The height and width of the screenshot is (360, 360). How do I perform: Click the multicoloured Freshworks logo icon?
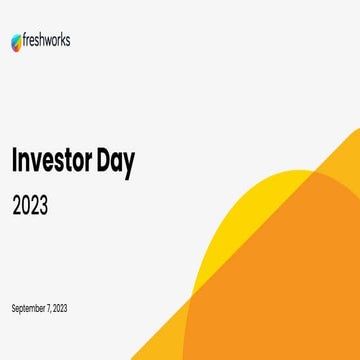click(16, 42)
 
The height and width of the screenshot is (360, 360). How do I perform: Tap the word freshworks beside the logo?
click(46, 41)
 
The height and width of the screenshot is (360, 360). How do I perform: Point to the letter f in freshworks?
click(25, 41)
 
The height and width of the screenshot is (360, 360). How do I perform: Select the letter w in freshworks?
click(48, 42)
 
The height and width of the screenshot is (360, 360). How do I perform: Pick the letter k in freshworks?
click(63, 41)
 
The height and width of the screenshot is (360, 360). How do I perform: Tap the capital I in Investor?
click(15, 162)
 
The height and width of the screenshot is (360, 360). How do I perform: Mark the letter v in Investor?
click(41, 164)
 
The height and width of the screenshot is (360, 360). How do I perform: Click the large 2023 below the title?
click(30, 206)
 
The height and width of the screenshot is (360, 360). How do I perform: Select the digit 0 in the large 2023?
click(25, 206)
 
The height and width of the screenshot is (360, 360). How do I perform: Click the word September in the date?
click(26, 307)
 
